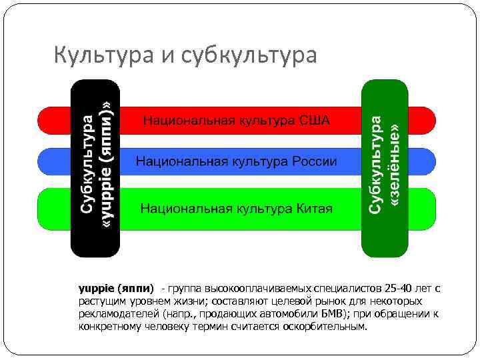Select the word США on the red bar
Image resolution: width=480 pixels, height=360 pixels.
[314, 121]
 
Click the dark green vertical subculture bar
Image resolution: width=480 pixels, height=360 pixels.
[384, 240]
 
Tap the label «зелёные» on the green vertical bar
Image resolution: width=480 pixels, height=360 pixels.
[395, 163]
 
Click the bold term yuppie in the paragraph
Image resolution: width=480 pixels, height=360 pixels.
[97, 289]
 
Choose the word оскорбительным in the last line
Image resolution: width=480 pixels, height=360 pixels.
[329, 327]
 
